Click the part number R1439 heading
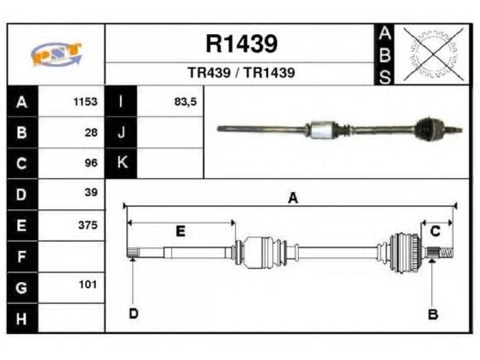click(x=242, y=44)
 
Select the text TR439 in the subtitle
click(x=209, y=73)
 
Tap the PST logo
click(x=56, y=54)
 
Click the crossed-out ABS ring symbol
click(x=433, y=55)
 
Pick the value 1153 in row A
click(x=85, y=101)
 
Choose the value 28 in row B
click(x=91, y=133)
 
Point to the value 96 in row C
click(x=91, y=163)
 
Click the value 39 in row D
click(x=91, y=192)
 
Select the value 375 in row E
click(x=88, y=225)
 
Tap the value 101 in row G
click(x=88, y=284)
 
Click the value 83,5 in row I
click(x=185, y=101)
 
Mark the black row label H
click(x=22, y=319)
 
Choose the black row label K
click(x=121, y=163)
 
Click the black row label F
click(x=22, y=257)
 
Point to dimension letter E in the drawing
click(x=181, y=231)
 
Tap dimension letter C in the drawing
click(x=435, y=231)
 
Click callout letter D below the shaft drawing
click(x=133, y=313)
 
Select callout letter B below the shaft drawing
click(x=433, y=314)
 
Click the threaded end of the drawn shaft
click(x=446, y=253)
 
